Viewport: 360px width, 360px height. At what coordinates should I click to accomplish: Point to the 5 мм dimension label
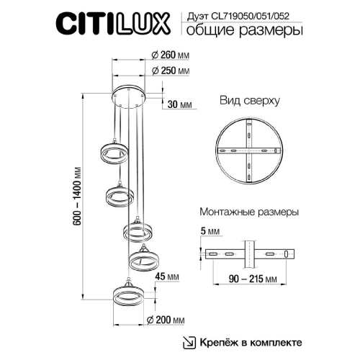coord(207,232)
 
